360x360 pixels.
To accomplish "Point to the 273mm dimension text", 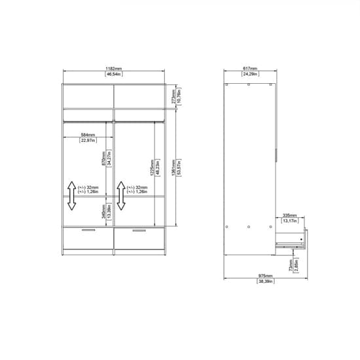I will click(x=172, y=96).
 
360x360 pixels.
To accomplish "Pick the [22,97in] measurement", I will click(x=88, y=140).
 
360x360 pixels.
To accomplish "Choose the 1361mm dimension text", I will click(x=171, y=168).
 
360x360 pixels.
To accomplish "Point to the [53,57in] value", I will click(x=178, y=168).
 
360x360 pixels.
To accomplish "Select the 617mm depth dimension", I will click(x=249, y=68).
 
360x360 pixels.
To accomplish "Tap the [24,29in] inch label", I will click(x=249, y=75).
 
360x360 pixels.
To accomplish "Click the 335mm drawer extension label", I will click(x=289, y=214).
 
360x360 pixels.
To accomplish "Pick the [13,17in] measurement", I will click(x=289, y=221).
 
